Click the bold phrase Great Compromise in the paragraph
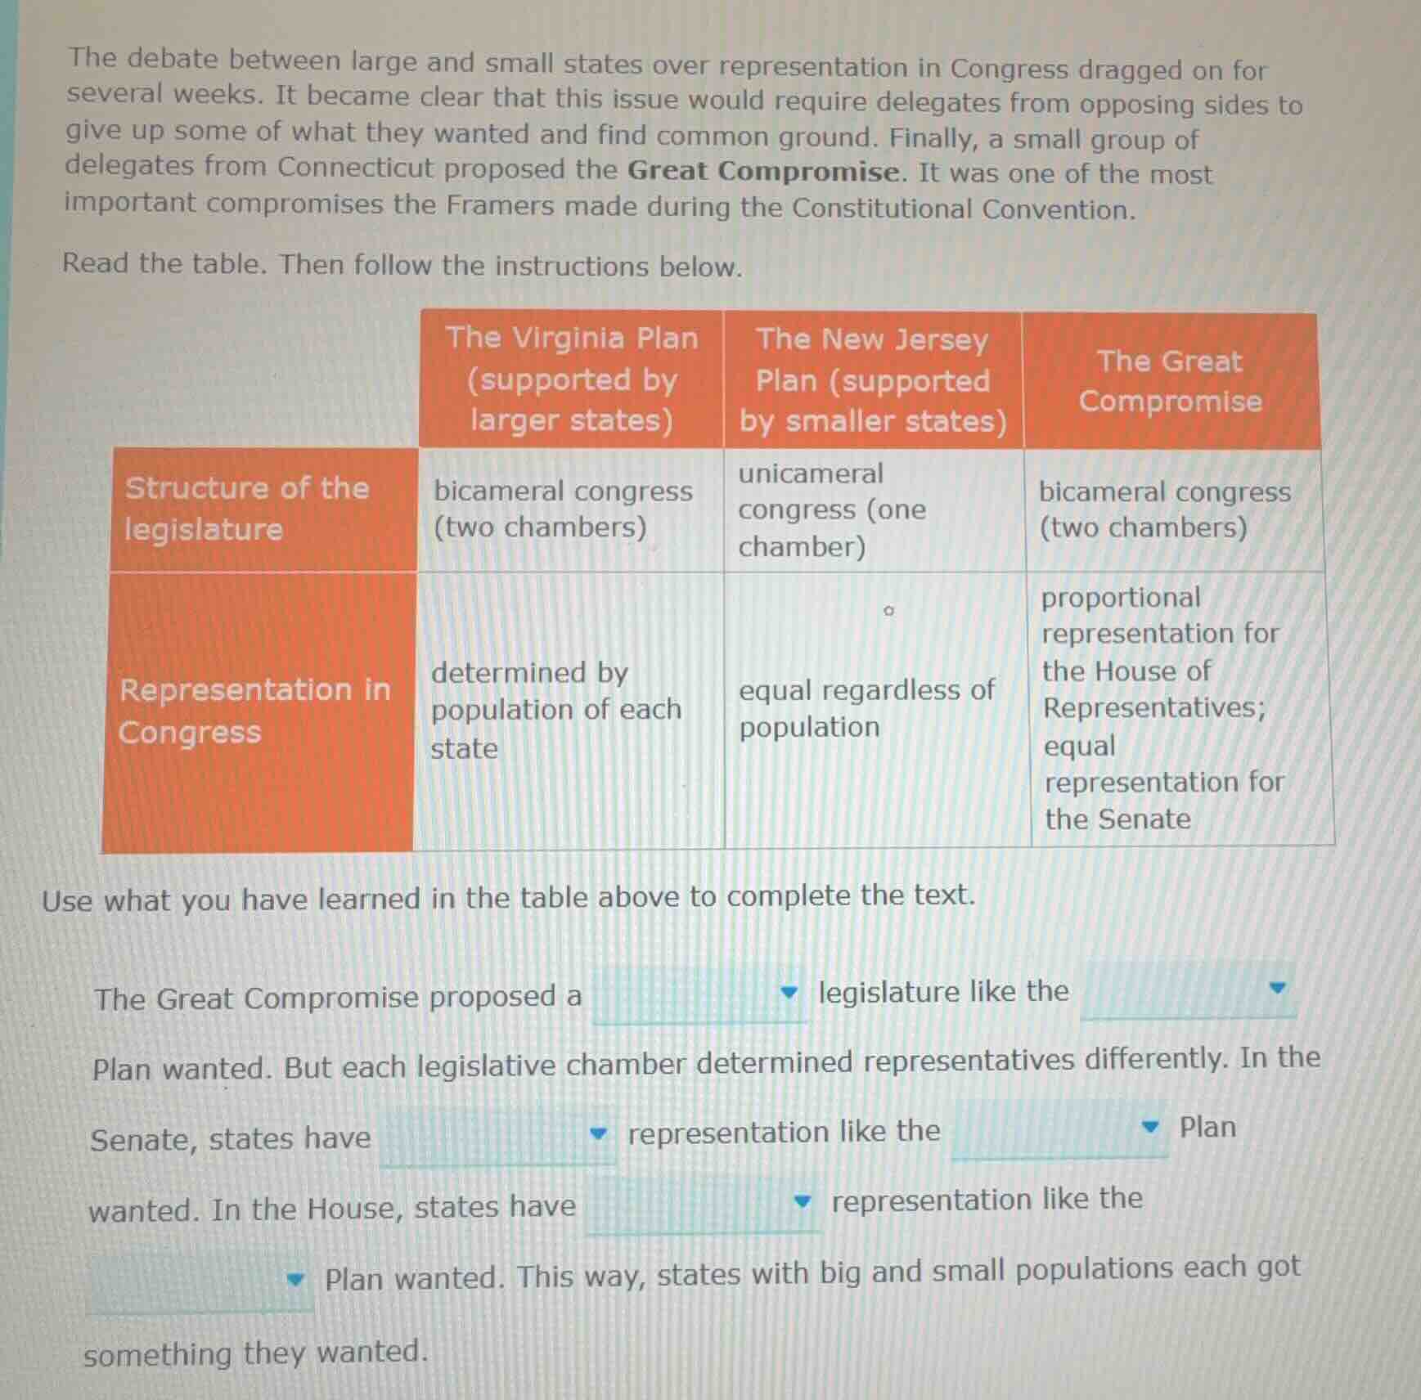[x=763, y=171]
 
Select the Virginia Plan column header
[x=572, y=379]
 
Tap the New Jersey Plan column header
[x=873, y=380]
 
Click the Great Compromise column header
[x=1170, y=381]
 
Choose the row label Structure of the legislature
[x=247, y=509]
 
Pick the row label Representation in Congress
[x=255, y=711]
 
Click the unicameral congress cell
[x=832, y=510]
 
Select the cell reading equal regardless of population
[x=866, y=708]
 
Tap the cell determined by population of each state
[x=556, y=710]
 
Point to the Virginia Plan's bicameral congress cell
[x=563, y=509]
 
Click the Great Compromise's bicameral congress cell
[x=1165, y=509]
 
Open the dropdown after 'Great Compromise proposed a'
[x=699, y=994]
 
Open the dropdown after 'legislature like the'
[x=1188, y=989]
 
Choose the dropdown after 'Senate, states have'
[x=497, y=1136]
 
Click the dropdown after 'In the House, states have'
[x=703, y=1204]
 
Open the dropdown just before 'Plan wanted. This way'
[x=200, y=1281]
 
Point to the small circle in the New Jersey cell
[x=888, y=611]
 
